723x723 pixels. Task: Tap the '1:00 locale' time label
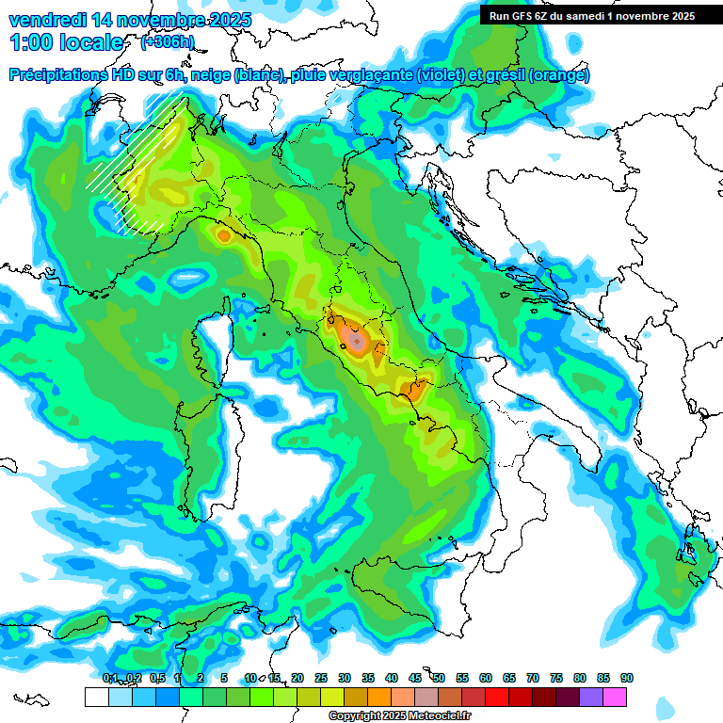[66, 42]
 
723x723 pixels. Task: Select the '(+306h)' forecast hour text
[169, 42]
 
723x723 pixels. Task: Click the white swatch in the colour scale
[96, 697]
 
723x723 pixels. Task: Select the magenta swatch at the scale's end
[615, 697]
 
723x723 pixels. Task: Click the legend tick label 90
[626, 678]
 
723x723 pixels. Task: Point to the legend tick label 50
[438, 678]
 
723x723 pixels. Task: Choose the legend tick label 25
[320, 678]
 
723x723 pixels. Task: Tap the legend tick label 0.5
[156, 678]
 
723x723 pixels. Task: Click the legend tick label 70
[532, 678]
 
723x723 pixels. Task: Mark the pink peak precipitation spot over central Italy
[355, 338]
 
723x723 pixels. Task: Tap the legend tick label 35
[367, 678]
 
